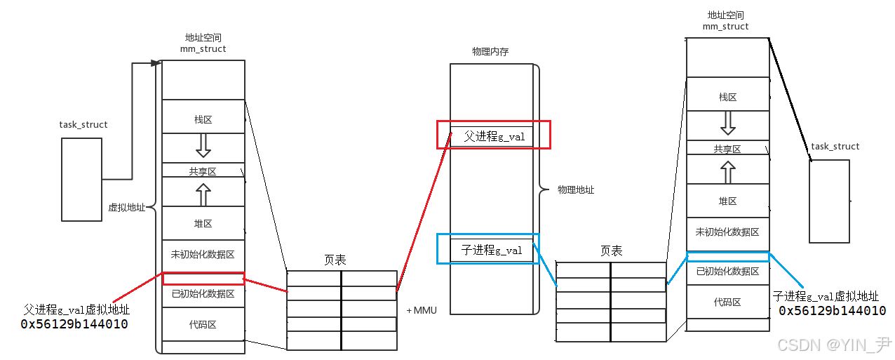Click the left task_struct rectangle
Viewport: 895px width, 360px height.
[81, 179]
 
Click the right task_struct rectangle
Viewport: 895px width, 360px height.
[829, 201]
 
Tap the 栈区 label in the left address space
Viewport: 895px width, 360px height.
[203, 120]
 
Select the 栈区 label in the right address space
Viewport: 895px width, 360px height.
[728, 98]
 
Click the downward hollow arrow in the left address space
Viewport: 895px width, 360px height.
[203, 145]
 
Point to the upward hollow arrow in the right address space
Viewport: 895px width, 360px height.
[728, 171]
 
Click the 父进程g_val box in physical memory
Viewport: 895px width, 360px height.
[494, 136]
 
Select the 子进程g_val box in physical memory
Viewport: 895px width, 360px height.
[490, 250]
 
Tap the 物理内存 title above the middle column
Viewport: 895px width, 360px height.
[491, 53]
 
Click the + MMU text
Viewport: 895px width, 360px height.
[421, 310]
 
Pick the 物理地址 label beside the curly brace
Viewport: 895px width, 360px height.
[576, 189]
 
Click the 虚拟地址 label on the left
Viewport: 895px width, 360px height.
[126, 208]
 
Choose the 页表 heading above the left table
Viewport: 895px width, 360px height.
[335, 260]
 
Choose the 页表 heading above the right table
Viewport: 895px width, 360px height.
[611, 251]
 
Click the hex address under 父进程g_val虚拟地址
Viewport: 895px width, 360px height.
[74, 324]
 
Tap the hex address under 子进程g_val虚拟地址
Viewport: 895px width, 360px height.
[833, 311]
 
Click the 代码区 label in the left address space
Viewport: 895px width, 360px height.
[203, 325]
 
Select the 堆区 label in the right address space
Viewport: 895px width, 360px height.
[728, 201]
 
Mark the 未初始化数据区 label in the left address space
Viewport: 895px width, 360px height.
[203, 255]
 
